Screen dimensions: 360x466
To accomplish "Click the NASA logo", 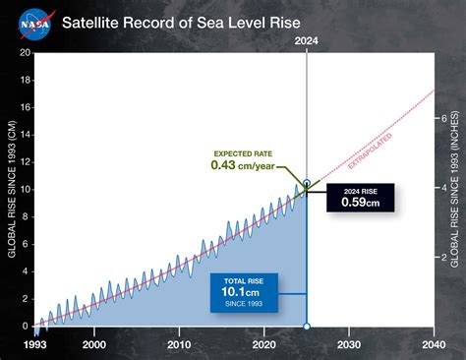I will click(35, 21).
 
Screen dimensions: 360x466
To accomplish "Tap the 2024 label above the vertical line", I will click(307, 41).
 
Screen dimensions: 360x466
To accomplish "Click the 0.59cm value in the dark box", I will click(360, 202).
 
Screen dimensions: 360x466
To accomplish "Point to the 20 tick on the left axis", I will click(25, 53).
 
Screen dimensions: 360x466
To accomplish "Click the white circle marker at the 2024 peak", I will click(307, 184).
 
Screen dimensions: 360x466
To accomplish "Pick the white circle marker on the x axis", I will click(307, 327).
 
